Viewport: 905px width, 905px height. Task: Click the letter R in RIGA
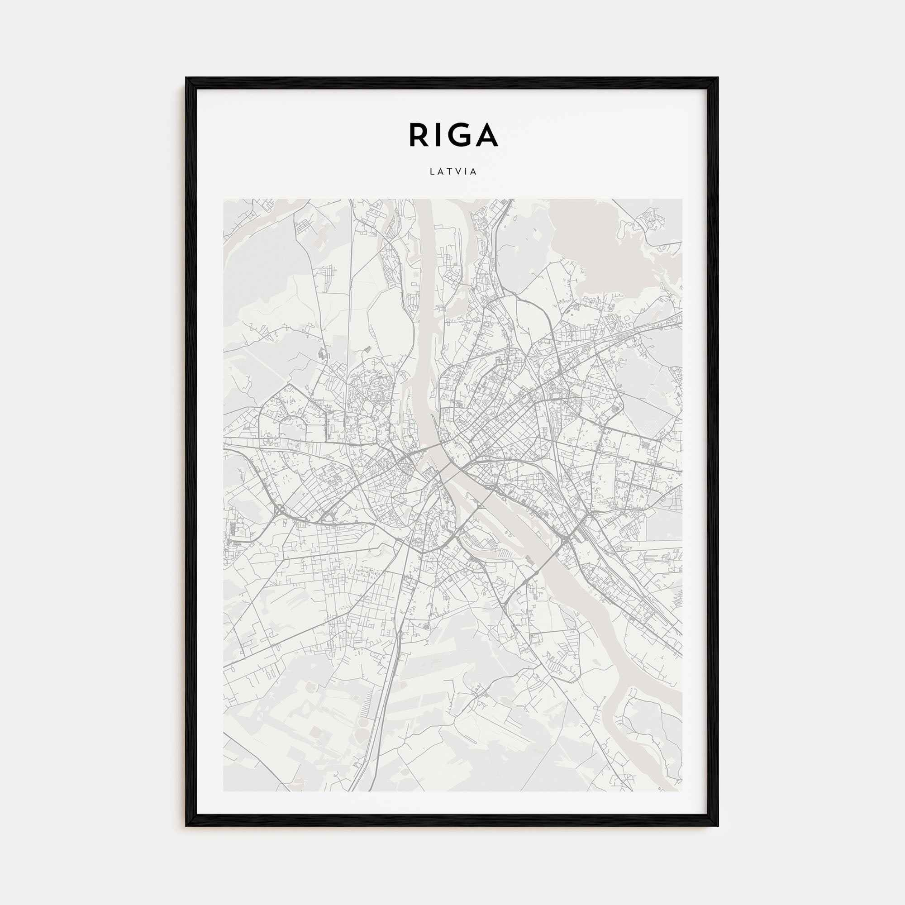tap(418, 135)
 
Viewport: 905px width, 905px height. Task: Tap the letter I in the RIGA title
tap(439, 135)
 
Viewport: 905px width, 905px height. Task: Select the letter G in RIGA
tap(461, 135)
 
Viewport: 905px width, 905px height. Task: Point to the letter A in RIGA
tap(486, 135)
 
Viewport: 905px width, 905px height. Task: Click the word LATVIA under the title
tap(452, 172)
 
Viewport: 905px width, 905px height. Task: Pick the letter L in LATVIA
tap(431, 172)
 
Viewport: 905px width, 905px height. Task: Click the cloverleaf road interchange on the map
tap(281, 510)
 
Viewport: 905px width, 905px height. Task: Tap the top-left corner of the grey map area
tap(224, 199)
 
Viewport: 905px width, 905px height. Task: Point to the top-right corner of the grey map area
tap(681, 199)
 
